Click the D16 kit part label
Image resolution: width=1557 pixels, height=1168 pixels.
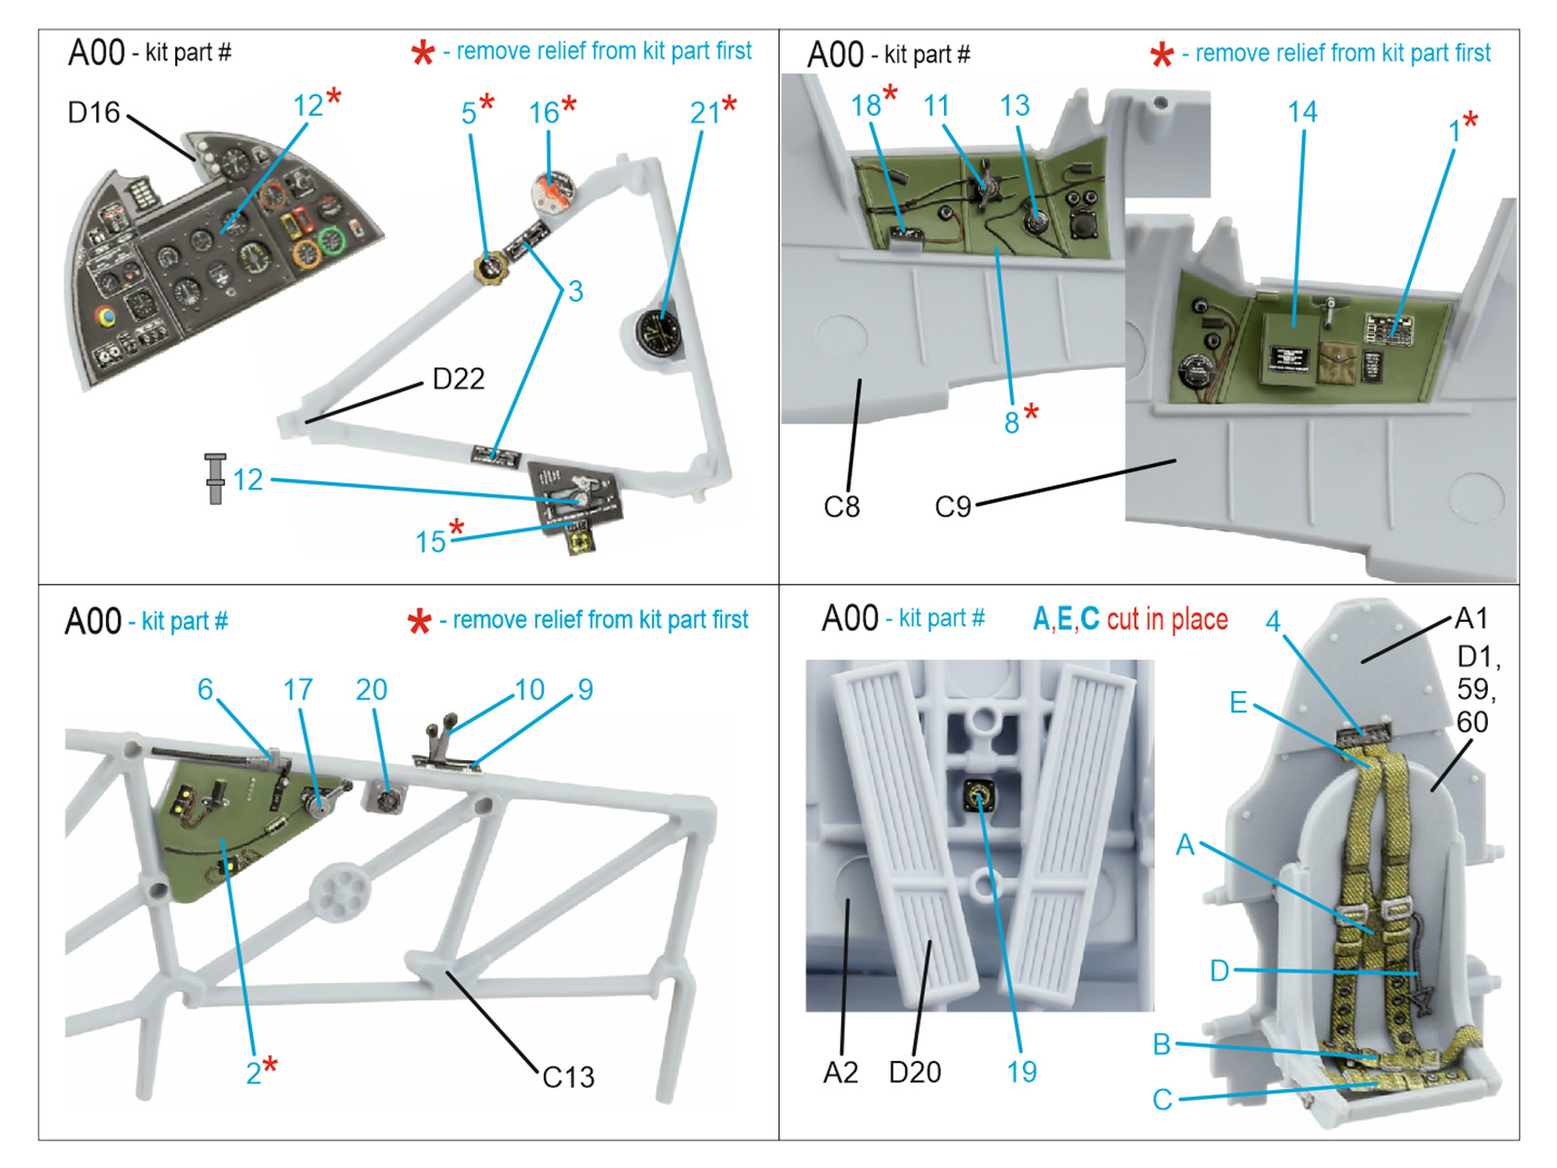point(93,113)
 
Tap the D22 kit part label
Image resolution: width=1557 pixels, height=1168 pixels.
point(458,379)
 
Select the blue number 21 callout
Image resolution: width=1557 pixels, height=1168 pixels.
point(705,113)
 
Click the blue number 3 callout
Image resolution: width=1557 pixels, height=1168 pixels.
point(576,291)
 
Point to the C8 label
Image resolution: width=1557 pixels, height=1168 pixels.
point(842,507)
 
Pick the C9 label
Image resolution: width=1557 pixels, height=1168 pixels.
point(953,507)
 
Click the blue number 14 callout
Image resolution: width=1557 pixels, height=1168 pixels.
point(1302,112)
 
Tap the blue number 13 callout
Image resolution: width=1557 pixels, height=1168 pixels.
point(1014,106)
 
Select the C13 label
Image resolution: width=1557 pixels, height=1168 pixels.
point(568,1077)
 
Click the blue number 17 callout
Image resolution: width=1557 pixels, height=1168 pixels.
point(298,690)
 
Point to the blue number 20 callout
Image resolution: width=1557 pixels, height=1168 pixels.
point(371,690)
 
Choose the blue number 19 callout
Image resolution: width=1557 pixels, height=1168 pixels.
point(1022,1073)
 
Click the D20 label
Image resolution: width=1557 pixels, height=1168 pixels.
point(915,1073)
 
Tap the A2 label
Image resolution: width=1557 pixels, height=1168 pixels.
point(841,1073)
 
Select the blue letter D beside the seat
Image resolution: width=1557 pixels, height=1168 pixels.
point(1219,970)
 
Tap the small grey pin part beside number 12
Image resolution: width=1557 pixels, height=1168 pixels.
point(215,478)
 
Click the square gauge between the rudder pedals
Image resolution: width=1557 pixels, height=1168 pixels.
point(978,797)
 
